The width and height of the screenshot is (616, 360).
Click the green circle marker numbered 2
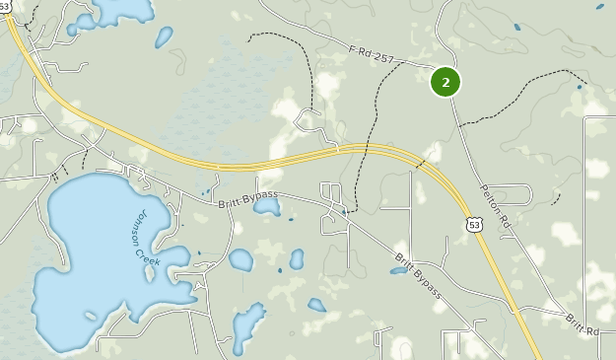445,82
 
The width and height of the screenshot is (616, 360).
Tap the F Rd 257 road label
372,55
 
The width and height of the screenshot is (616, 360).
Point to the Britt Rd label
582,324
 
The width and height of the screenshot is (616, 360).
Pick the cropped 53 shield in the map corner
4,5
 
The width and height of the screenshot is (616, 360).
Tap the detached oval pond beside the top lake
163,37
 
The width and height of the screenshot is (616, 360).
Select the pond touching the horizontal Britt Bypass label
266,207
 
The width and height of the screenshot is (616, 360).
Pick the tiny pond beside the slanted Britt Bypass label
398,270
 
